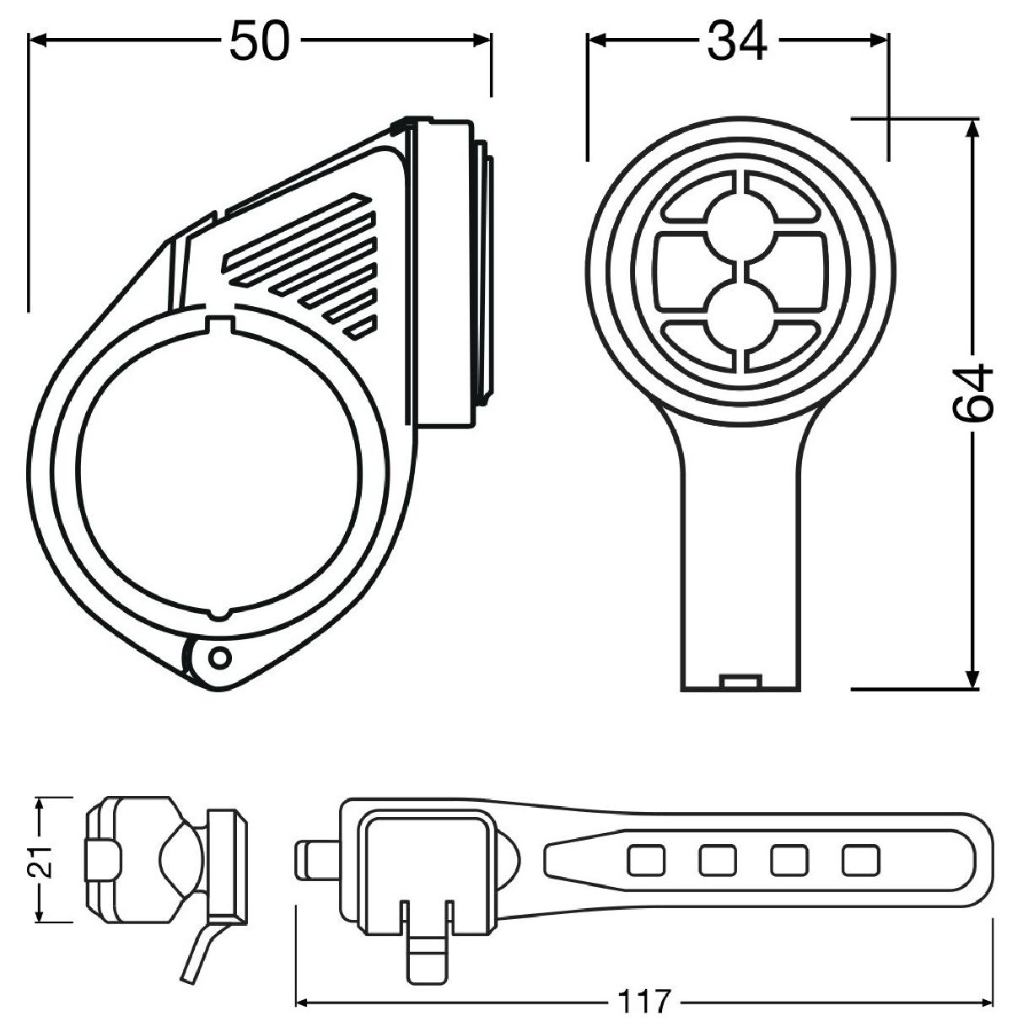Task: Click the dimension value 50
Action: pos(260,41)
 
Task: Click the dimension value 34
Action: pos(737,41)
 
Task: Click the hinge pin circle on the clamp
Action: pos(218,655)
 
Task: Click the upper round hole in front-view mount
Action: pos(738,223)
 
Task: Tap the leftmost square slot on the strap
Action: pos(644,860)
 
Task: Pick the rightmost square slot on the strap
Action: pos(860,860)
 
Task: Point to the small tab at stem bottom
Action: pos(742,681)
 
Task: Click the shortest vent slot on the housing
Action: pos(363,328)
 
